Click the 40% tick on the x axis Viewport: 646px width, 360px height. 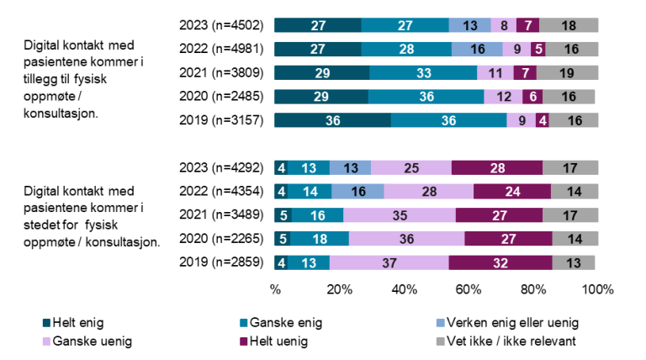coord(405,289)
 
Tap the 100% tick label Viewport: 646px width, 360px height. coord(598,289)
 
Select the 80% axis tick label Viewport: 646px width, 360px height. coord(533,289)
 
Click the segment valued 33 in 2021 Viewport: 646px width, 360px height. coord(423,72)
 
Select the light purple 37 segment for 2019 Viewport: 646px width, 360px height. coord(389,262)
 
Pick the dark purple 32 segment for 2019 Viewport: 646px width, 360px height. coord(500,262)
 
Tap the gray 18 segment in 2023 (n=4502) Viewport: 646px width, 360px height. coord(569,24)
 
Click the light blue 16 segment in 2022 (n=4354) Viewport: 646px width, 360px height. coord(358,191)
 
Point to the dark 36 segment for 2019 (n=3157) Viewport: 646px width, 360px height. coord(332,119)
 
